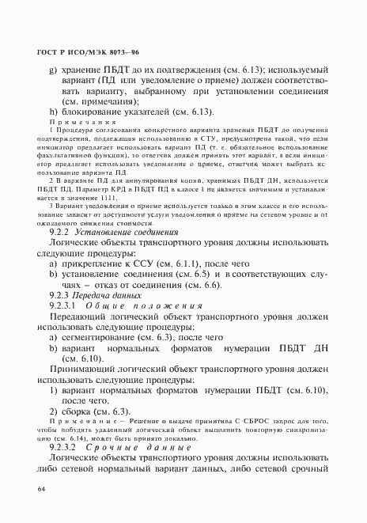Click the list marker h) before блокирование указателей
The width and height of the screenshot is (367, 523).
tap(52, 111)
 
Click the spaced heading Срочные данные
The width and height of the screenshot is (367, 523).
tap(140, 447)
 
